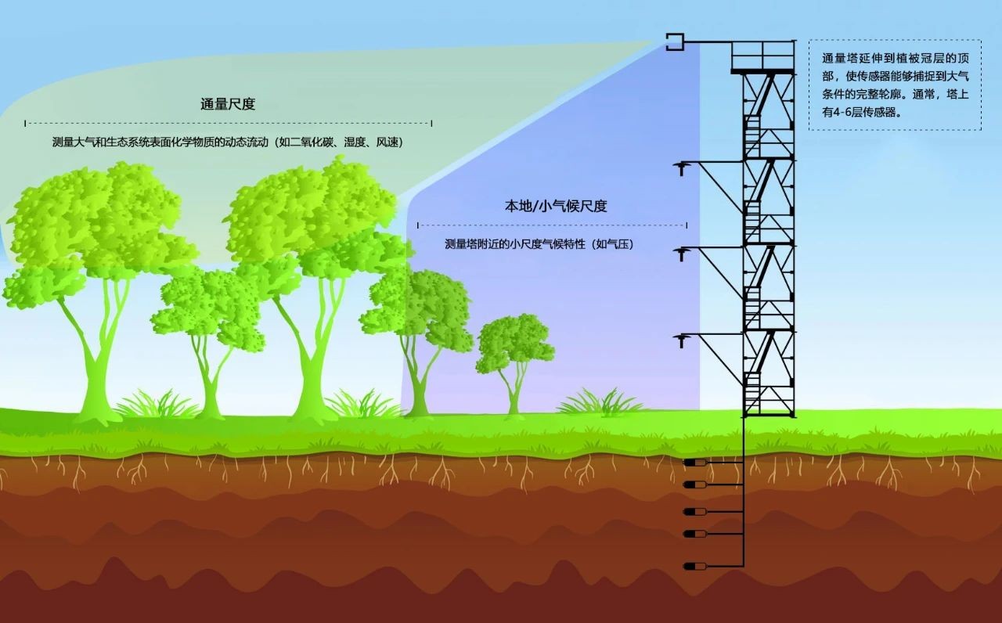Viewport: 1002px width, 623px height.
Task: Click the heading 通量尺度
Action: (x=228, y=104)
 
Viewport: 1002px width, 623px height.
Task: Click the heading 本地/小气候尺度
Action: (x=555, y=207)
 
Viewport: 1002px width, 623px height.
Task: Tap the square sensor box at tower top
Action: (x=675, y=41)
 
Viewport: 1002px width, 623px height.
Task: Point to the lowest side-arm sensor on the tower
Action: (x=681, y=340)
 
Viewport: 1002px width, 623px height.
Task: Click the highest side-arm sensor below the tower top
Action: (x=681, y=166)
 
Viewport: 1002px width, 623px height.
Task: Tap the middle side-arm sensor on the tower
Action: (x=681, y=252)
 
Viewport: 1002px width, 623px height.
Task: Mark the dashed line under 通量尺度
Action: (x=228, y=123)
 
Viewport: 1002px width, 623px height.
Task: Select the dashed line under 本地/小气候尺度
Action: (x=552, y=225)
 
